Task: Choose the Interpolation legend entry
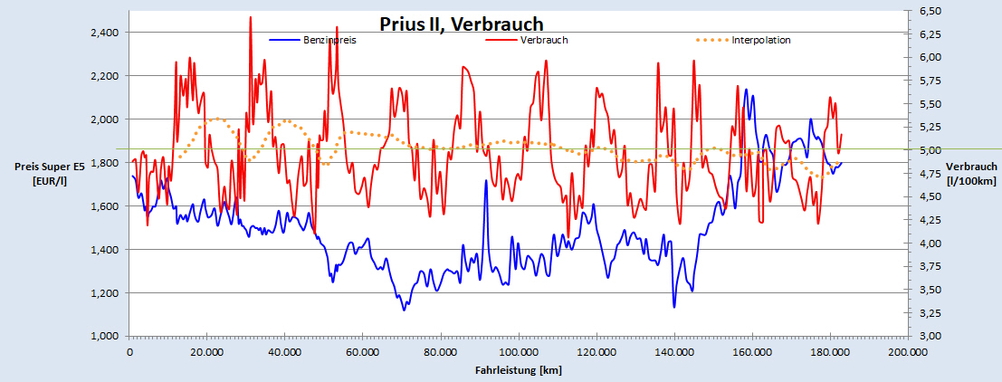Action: (x=761, y=40)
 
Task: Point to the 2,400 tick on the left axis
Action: (x=107, y=33)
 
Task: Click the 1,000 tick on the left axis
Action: (x=107, y=337)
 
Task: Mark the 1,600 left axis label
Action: (x=107, y=206)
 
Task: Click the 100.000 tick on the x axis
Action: (x=518, y=352)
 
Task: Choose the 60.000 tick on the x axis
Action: (x=363, y=352)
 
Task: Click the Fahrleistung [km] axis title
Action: (x=518, y=369)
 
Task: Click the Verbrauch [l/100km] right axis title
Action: (x=971, y=172)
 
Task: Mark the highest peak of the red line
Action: (x=250, y=17)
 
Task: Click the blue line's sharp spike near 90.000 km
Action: (x=486, y=181)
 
